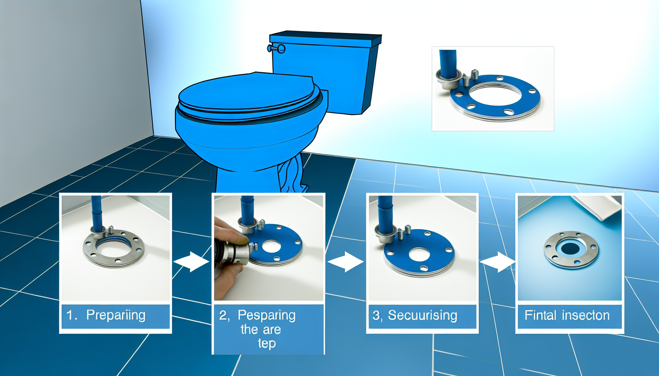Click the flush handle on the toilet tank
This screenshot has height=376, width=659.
coord(276,48)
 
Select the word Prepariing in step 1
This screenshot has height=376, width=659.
coord(115,315)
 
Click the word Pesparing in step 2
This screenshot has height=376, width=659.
coord(266,315)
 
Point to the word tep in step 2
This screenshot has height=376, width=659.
coord(267,344)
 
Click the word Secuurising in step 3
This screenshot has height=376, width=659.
coord(423,315)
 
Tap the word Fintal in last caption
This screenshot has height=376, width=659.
coord(540,315)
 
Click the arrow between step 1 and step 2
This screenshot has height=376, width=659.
coord(191,262)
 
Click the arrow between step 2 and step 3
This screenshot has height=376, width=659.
coord(345,262)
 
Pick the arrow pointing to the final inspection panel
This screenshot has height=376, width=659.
coord(498,262)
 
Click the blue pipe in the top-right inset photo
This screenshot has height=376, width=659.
coord(448,62)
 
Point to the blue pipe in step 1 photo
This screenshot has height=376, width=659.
coord(96,213)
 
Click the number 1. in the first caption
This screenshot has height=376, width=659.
coord(71,315)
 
